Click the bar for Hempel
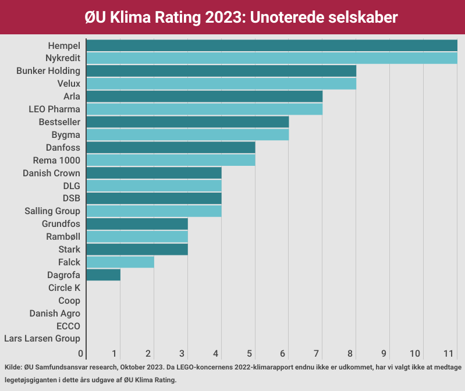271,45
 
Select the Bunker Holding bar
221,71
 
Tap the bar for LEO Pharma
204,109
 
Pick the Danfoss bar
171,147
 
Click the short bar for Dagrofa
103,275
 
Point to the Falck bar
120,262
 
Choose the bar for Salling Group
154,211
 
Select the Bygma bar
187,134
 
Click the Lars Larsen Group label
42,339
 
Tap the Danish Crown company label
51,173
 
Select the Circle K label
64,287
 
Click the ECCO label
68,326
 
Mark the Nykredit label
62,58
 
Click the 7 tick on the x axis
317,353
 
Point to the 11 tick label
448,353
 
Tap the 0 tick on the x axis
81,353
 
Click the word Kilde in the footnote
12,368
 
